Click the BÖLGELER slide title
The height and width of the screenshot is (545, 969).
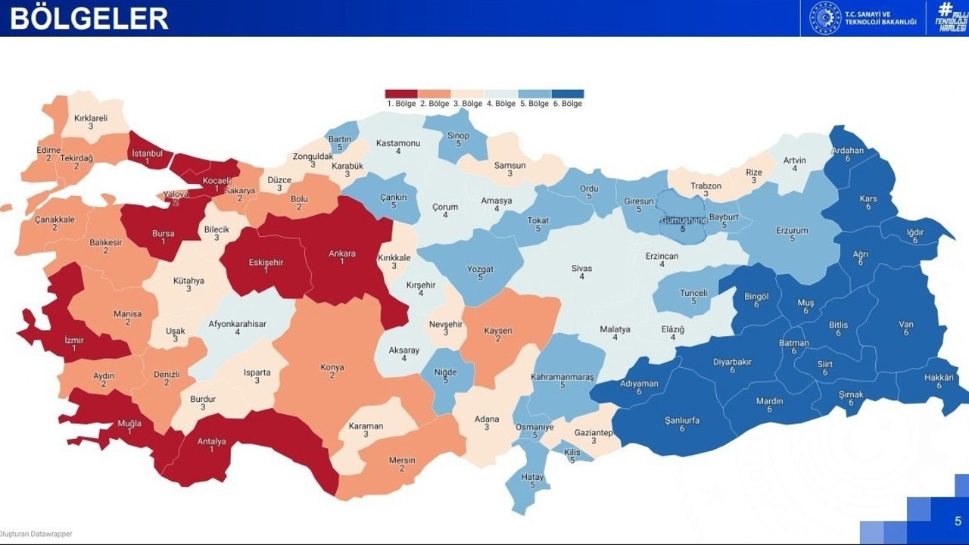pyautogui.click(x=89, y=18)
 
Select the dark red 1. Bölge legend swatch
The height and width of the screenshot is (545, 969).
pyautogui.click(x=400, y=94)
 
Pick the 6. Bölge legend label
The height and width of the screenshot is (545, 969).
pyautogui.click(x=567, y=104)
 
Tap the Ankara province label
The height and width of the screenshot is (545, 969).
pyautogui.click(x=342, y=254)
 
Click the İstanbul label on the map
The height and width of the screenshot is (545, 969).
pyautogui.click(x=148, y=153)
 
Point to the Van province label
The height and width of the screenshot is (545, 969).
pyautogui.click(x=906, y=325)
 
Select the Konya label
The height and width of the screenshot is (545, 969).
pyautogui.click(x=332, y=367)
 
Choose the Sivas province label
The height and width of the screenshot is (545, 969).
pyautogui.click(x=581, y=269)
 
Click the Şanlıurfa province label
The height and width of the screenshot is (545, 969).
pyautogui.click(x=682, y=420)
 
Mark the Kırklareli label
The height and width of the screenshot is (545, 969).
pyautogui.click(x=91, y=118)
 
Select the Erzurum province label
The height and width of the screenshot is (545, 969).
pyautogui.click(x=792, y=231)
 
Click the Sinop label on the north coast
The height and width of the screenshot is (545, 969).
pyautogui.click(x=458, y=136)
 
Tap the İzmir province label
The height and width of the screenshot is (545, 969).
pyautogui.click(x=73, y=340)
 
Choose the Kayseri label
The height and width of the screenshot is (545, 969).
pyautogui.click(x=498, y=331)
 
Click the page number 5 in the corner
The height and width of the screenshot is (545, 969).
pyautogui.click(x=958, y=521)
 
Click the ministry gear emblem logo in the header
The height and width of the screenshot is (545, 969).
pyautogui.click(x=825, y=17)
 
